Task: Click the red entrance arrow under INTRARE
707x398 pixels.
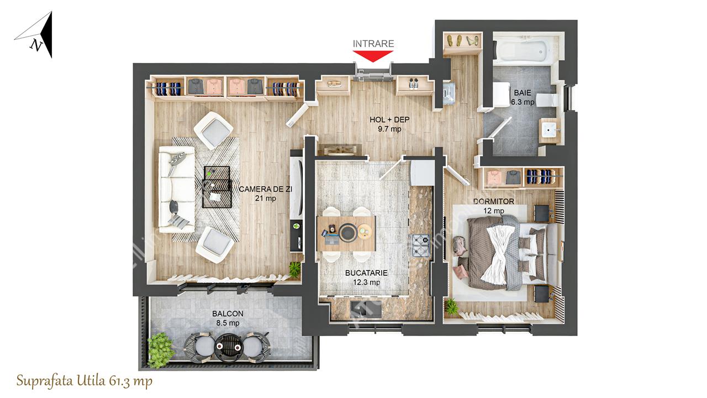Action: [x=373, y=56]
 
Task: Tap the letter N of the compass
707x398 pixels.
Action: [x=36, y=46]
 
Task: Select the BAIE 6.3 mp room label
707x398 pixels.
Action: [x=523, y=97]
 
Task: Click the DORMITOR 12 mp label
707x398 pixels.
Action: [x=494, y=206]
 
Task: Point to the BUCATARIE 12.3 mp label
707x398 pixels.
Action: [x=366, y=277]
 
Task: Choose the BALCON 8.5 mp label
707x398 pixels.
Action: [x=228, y=318]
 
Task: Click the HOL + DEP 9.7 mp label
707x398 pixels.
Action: [x=389, y=124]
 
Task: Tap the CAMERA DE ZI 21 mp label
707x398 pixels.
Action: [x=266, y=193]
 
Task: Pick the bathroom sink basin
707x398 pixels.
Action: [x=550, y=130]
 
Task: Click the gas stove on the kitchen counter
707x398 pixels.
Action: [x=420, y=245]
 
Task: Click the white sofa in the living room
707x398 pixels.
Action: [x=176, y=189]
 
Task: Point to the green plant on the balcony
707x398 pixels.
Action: [x=160, y=349]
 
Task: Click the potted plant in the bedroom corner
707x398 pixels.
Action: [x=451, y=306]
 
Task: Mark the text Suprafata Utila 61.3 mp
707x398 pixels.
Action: [x=85, y=381]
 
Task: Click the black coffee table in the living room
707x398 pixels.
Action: [x=217, y=187]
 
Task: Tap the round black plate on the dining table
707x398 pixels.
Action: [x=347, y=232]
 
